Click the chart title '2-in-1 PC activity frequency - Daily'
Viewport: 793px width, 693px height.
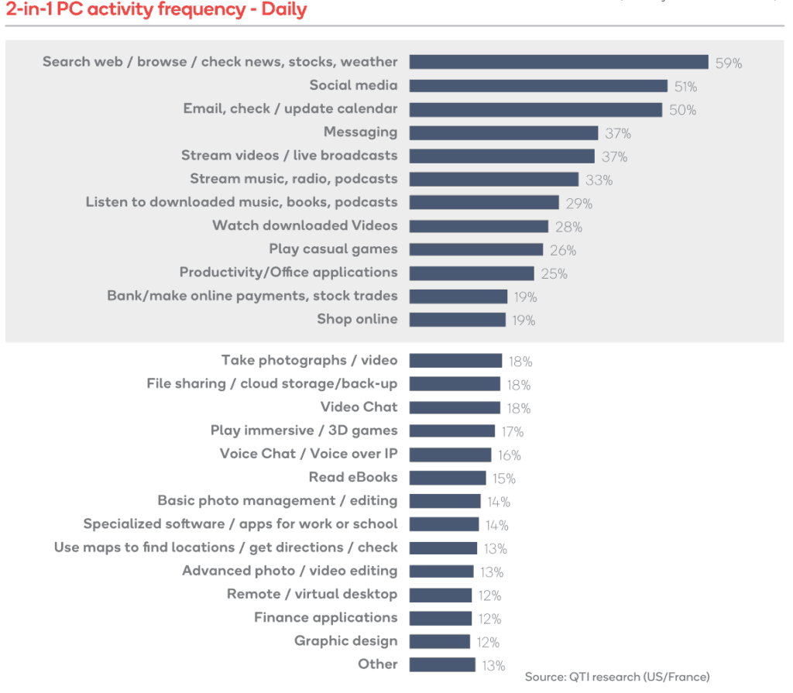click(156, 10)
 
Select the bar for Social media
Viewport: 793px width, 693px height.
click(538, 86)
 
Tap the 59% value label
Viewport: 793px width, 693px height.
click(728, 63)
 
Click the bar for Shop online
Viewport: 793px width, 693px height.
click(457, 320)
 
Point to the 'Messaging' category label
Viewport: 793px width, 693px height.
click(360, 132)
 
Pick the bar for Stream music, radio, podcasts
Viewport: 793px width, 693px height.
click(493, 180)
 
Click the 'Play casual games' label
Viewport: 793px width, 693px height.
click(333, 249)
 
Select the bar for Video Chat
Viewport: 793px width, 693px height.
click(455, 408)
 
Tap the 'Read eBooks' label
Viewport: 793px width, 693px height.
click(353, 478)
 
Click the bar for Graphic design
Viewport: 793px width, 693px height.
click(439, 642)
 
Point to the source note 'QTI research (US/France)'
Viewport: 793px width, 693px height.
click(616, 678)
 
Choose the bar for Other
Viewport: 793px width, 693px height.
click(441, 665)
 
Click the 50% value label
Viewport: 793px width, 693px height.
click(682, 110)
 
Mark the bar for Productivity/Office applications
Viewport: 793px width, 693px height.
click(472, 273)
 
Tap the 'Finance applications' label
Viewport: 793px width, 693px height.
click(325, 618)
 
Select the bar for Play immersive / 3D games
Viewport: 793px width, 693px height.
click(451, 431)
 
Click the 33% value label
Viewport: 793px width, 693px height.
click(599, 180)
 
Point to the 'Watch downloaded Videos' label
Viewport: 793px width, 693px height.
click(304, 226)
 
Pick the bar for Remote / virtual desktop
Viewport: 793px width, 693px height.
click(440, 595)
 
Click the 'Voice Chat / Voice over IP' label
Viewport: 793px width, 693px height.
click(308, 455)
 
